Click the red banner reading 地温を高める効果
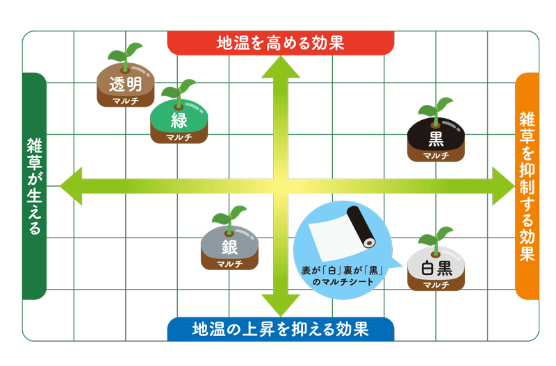tap(281, 43)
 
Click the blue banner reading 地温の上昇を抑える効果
tap(281, 329)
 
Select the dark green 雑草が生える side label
tap(34, 186)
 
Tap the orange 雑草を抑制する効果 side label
tap(527, 186)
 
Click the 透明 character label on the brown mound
tap(126, 84)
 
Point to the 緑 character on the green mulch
tap(179, 120)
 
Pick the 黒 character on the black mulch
tap(436, 139)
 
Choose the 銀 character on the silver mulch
tap(229, 247)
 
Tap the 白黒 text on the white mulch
tap(436, 268)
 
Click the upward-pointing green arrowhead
tap(281, 67)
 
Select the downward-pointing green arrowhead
tap(281, 306)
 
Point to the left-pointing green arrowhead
tap(71, 186)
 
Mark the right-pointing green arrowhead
tap(503, 186)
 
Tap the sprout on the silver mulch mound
tap(229, 219)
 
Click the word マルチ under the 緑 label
tap(179, 137)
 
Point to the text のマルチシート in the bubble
tap(343, 282)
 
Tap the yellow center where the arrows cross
tap(281, 186)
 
